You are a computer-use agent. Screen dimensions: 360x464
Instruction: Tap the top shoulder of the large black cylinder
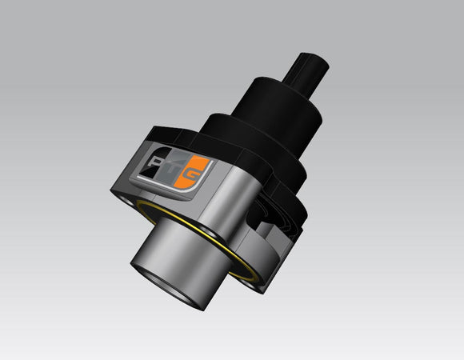(264, 80)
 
